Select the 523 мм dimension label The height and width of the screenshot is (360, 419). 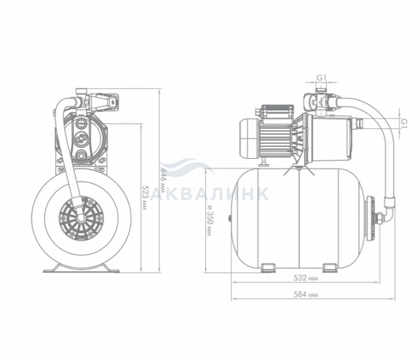coord(145,198)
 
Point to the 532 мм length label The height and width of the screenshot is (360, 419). coord(306,278)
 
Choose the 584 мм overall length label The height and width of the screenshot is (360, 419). coord(306,295)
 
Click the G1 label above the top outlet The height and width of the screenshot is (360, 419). coord(322,78)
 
